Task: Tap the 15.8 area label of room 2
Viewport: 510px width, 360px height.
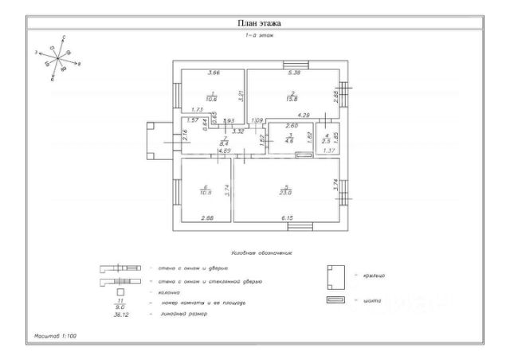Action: pos(292,99)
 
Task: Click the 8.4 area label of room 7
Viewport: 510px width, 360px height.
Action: pos(224,144)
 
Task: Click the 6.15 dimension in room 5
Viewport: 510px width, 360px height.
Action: pos(287,217)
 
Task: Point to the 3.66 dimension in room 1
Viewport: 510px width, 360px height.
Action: pos(213,73)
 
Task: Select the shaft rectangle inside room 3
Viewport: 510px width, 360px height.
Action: pos(304,155)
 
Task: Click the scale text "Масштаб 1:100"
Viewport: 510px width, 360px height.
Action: pos(58,338)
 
